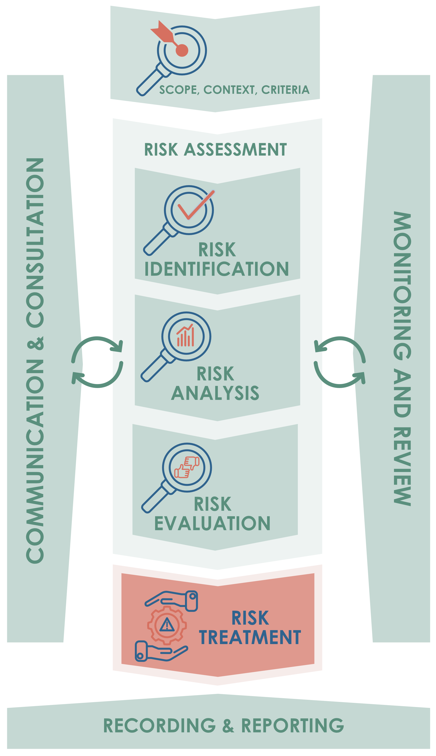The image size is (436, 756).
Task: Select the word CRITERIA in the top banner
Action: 285,90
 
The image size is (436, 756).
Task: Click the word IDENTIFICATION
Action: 216,269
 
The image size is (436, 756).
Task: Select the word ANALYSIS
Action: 215,393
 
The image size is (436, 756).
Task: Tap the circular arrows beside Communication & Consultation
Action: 97,362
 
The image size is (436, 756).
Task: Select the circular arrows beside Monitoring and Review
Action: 340,362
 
